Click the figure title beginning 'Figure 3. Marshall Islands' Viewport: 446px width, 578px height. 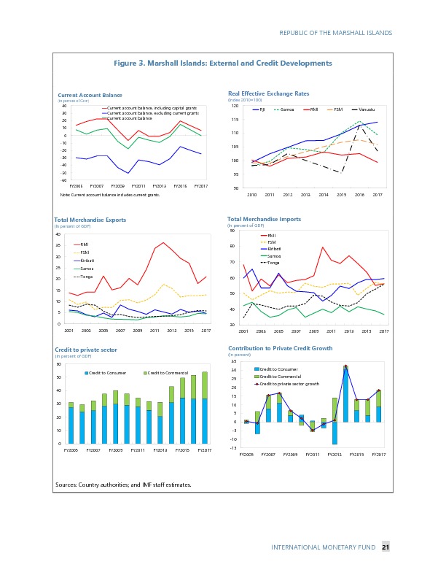(x=223, y=63)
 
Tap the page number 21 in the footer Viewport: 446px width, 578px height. (x=386, y=548)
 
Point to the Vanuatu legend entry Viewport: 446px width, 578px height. (x=364, y=109)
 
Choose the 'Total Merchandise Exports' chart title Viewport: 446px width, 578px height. (x=90, y=220)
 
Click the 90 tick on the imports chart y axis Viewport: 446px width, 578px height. (x=232, y=231)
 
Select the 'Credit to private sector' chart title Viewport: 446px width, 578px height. (x=86, y=350)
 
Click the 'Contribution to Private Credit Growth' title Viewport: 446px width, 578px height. (x=281, y=349)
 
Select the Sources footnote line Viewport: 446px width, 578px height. (x=123, y=485)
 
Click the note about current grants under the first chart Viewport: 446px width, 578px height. (x=110, y=196)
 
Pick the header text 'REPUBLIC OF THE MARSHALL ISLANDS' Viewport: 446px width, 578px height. (x=335, y=33)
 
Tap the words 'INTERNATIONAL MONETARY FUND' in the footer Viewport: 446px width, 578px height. (x=323, y=548)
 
